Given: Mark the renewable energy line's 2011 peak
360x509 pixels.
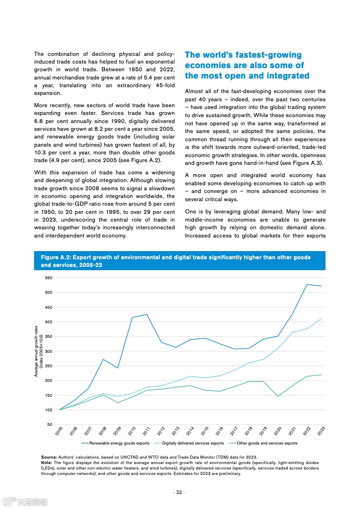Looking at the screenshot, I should tap(146, 314).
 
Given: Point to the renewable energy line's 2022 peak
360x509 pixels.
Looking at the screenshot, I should tap(307, 284).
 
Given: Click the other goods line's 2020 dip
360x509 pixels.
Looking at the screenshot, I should tap(278, 396).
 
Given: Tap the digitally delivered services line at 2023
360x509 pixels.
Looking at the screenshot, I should tap(321, 318).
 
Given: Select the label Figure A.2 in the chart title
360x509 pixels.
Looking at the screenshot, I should tap(55, 257).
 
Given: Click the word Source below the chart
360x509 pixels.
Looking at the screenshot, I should tap(49, 457).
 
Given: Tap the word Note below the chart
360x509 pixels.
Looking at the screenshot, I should tap(46, 462).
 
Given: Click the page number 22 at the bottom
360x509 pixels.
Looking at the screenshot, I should tap(179, 493).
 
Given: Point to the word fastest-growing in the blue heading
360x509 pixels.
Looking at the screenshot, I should tap(266, 55).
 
